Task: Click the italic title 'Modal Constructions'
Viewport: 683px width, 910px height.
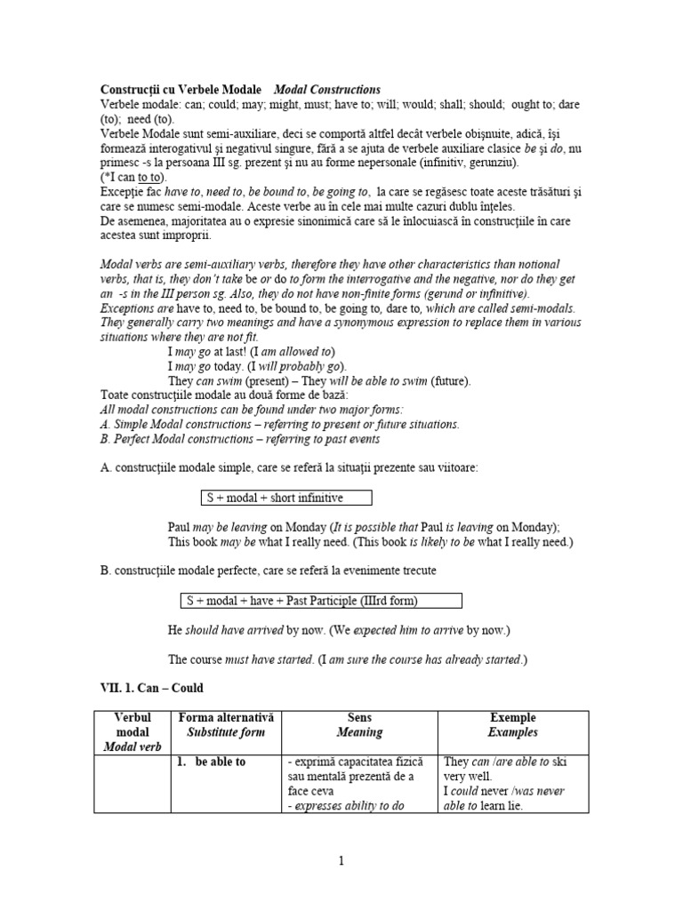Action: (x=326, y=90)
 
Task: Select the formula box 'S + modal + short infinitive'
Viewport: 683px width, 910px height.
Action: (x=282, y=498)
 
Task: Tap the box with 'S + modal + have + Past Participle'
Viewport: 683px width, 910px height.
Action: (x=321, y=601)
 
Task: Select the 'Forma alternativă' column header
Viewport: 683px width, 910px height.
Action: (x=227, y=725)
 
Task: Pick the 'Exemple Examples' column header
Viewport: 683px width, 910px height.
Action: (x=513, y=725)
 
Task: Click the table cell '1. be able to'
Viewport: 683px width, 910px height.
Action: (x=216, y=762)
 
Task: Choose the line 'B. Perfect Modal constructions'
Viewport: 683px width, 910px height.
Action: (x=241, y=439)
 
